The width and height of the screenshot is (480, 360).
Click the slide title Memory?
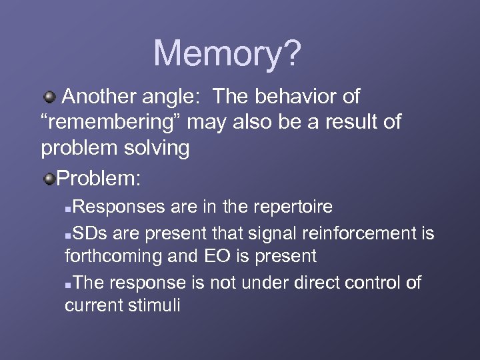[x=227, y=53]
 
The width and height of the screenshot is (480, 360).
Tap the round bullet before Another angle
[x=49, y=98]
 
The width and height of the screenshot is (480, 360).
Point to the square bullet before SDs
[x=69, y=235]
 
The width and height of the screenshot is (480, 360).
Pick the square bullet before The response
[x=69, y=285]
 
